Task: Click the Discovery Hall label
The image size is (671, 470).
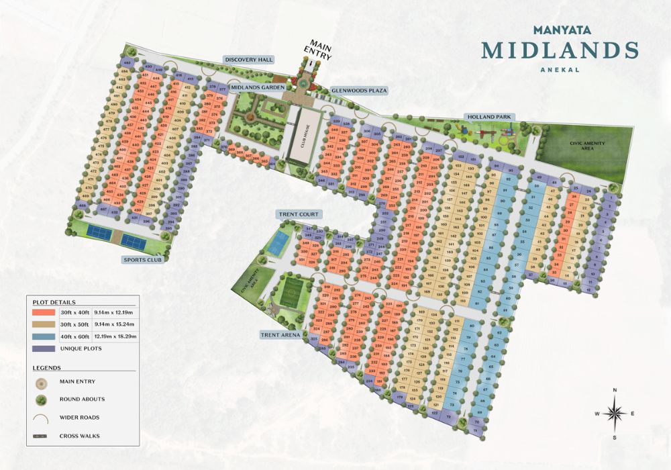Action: (x=248, y=60)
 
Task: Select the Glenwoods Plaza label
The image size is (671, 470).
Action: (x=359, y=90)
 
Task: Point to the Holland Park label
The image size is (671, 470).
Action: (x=489, y=117)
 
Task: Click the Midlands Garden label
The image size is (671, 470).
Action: (x=258, y=87)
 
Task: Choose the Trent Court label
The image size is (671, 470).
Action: (x=298, y=214)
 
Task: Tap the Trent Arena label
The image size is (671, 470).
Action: (x=282, y=334)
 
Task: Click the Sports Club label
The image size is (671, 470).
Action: (x=143, y=259)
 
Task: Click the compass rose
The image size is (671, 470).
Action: (x=615, y=413)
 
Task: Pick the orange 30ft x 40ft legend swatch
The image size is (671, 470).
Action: (x=44, y=312)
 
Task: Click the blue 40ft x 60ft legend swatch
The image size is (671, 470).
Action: (x=44, y=336)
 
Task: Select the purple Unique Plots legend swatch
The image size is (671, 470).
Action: (x=44, y=348)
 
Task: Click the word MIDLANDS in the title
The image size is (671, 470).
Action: (x=560, y=50)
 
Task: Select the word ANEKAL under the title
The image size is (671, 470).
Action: (x=560, y=68)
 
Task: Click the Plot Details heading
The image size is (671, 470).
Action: (x=54, y=302)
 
